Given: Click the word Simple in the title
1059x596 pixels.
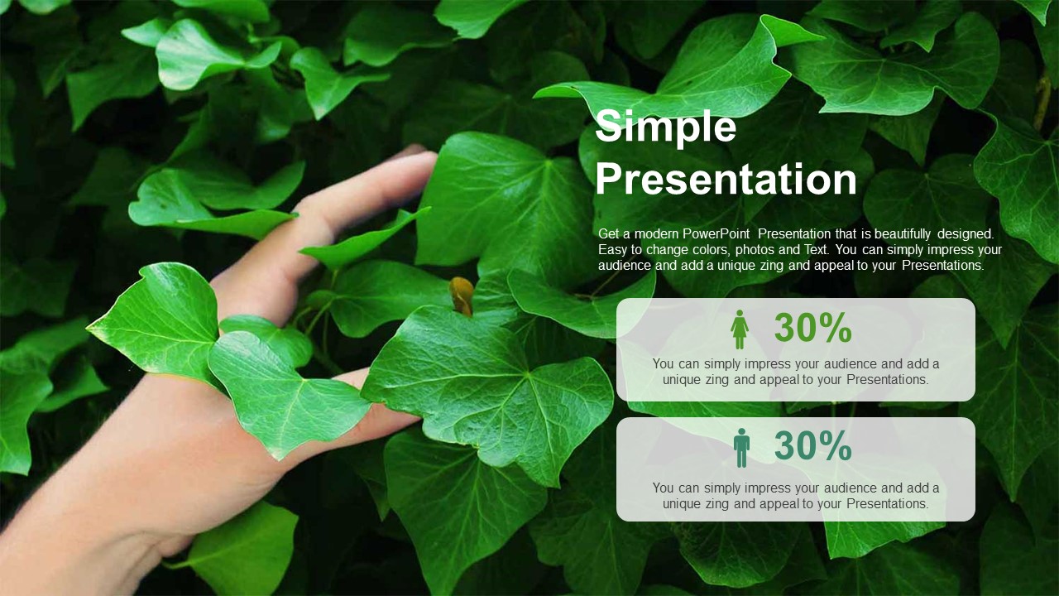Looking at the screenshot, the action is tap(666, 127).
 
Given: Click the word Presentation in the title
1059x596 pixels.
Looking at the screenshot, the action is tap(726, 179).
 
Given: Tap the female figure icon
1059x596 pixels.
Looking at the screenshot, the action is tap(740, 329).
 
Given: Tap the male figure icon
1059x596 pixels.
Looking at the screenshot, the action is tap(741, 448).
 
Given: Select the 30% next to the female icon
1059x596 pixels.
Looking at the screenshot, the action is tap(812, 328).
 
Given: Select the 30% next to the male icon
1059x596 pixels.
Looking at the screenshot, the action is tap(812, 445).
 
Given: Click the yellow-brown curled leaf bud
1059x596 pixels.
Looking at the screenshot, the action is tap(462, 296).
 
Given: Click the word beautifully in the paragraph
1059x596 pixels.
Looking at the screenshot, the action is tap(903, 233).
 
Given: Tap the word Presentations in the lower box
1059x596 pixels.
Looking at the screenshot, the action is tap(888, 504).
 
